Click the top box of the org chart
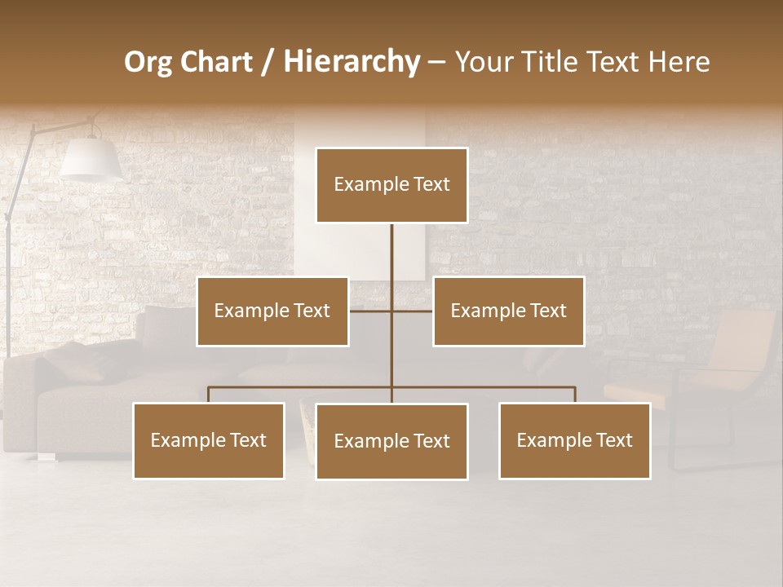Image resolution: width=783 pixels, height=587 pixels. pyautogui.click(x=391, y=185)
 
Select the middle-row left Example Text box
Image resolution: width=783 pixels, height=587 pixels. pyautogui.click(x=272, y=311)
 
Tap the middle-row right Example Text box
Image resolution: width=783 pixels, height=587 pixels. pyautogui.click(x=508, y=311)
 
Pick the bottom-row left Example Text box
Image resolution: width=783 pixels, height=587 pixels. pyautogui.click(x=209, y=440)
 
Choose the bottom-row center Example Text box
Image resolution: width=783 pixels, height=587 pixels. pyautogui.click(x=391, y=441)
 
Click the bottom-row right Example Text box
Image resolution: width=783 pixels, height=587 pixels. pyautogui.click(x=574, y=440)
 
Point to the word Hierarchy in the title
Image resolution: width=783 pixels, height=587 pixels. pyautogui.click(x=351, y=62)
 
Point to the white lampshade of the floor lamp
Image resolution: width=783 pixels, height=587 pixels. pyautogui.click(x=90, y=158)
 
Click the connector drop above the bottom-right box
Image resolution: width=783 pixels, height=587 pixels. pyautogui.click(x=574, y=395)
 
